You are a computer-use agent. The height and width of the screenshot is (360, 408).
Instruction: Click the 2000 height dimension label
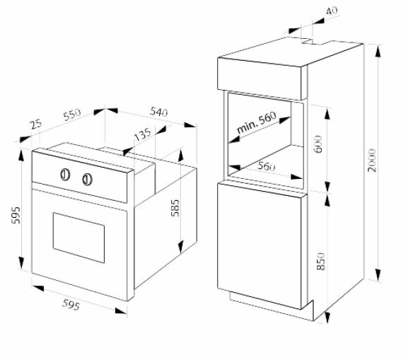(372, 160)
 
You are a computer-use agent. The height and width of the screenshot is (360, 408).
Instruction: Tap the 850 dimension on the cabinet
(321, 261)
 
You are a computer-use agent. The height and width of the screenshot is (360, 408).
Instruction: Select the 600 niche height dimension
(318, 144)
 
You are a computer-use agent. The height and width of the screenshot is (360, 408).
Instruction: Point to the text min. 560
(257, 122)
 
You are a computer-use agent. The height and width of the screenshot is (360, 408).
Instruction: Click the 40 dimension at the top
(332, 11)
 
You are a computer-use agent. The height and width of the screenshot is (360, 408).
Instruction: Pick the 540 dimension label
(158, 112)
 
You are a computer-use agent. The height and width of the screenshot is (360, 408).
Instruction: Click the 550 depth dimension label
(72, 115)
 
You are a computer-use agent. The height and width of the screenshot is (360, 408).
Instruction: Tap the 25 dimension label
(36, 124)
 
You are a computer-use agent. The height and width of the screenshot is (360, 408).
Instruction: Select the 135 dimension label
(142, 134)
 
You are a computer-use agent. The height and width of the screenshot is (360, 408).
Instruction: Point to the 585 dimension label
(175, 208)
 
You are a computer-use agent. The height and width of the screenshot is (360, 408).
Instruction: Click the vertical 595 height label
(16, 215)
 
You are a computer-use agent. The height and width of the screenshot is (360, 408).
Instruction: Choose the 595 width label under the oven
(71, 305)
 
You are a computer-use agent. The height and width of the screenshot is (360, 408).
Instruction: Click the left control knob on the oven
(65, 175)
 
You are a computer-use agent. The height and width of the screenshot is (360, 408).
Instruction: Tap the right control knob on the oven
(87, 180)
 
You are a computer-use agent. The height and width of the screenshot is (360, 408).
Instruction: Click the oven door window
(78, 238)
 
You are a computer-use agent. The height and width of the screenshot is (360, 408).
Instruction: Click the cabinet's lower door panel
(260, 246)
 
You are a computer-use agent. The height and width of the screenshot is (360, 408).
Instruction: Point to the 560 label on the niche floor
(266, 166)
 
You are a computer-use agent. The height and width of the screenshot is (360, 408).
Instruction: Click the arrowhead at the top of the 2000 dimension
(378, 52)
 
